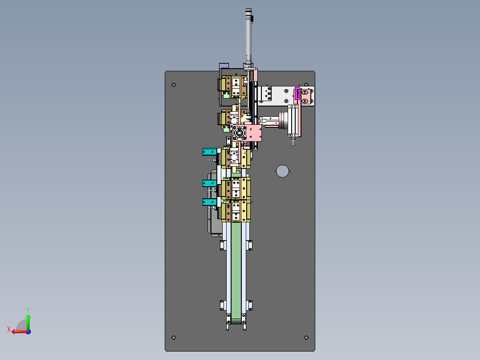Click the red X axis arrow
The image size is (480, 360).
pyautogui.click(x=20, y=331)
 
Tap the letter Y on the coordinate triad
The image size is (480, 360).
pyautogui.click(x=28, y=310)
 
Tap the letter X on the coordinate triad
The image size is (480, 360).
pyautogui.click(x=9, y=329)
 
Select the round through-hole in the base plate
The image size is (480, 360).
pyautogui.click(x=282, y=171)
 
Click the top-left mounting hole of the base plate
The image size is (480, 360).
pyautogui.click(x=174, y=85)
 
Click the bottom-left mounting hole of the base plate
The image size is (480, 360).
pyautogui.click(x=174, y=338)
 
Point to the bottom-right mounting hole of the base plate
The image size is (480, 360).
pyautogui.click(x=306, y=338)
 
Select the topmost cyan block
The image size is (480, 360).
pyautogui.click(x=209, y=151)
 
